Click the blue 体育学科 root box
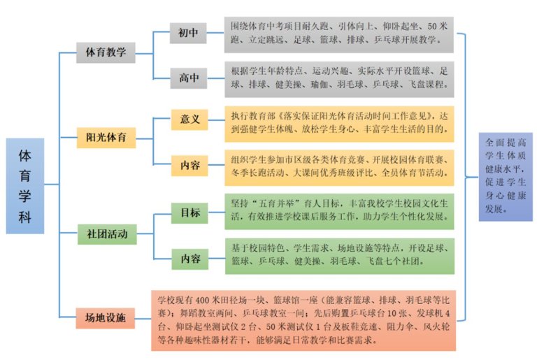25,186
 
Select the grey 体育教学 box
106,52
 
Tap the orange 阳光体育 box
106,138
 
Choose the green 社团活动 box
107,234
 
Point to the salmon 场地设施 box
106,318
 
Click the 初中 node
188,33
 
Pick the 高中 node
189,78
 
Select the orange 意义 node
189,120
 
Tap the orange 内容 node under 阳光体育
189,166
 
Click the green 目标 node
189,213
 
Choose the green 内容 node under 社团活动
190,259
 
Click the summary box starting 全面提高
506,177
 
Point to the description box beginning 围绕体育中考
339,34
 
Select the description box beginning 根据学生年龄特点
339,80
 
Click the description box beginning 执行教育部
339,124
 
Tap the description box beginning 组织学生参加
339,168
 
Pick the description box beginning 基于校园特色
340,257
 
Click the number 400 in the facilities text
202,301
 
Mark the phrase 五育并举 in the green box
277,203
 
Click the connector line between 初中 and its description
215,33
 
